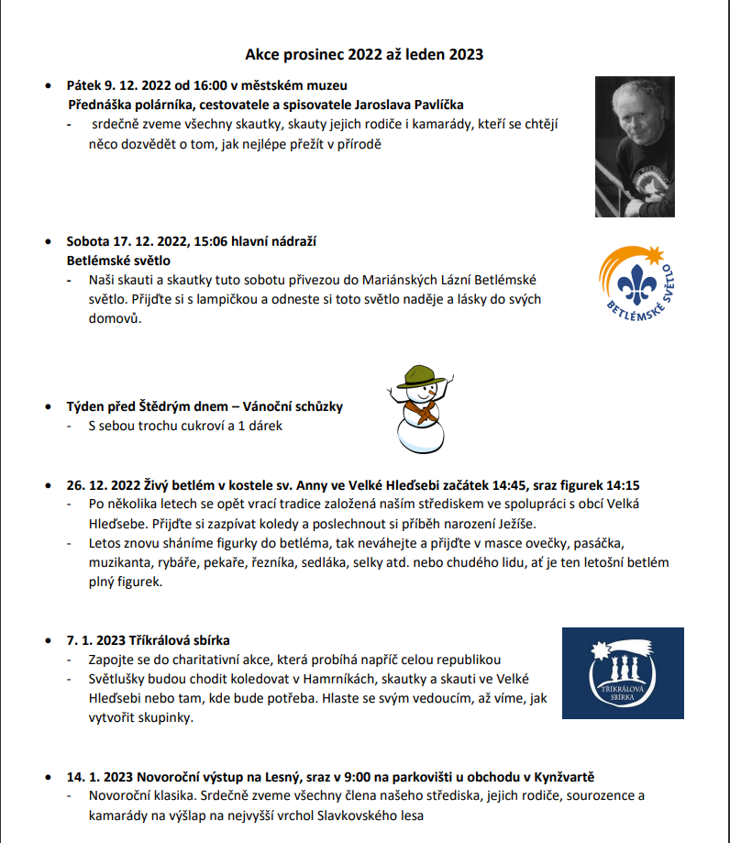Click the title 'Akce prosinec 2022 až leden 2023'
click(x=364, y=55)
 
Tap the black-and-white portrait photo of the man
click(x=634, y=147)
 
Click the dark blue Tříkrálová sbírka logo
click(x=623, y=672)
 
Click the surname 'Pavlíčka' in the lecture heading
click(x=438, y=105)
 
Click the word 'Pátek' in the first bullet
click(x=84, y=84)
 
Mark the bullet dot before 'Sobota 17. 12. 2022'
click(x=49, y=242)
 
